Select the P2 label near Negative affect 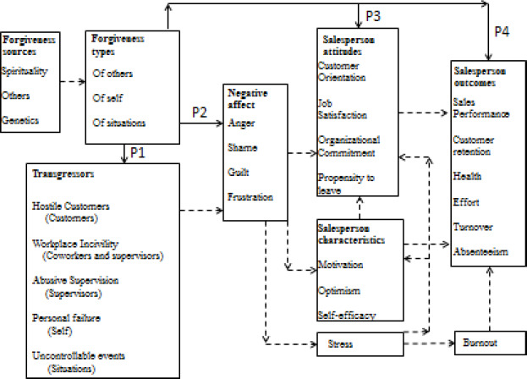pyautogui.click(x=200, y=111)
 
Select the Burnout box pyautogui.click(x=477, y=344)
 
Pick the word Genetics pyautogui.click(x=19, y=122)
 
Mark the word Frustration pyautogui.click(x=250, y=196)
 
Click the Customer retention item pyautogui.click(x=480, y=143)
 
